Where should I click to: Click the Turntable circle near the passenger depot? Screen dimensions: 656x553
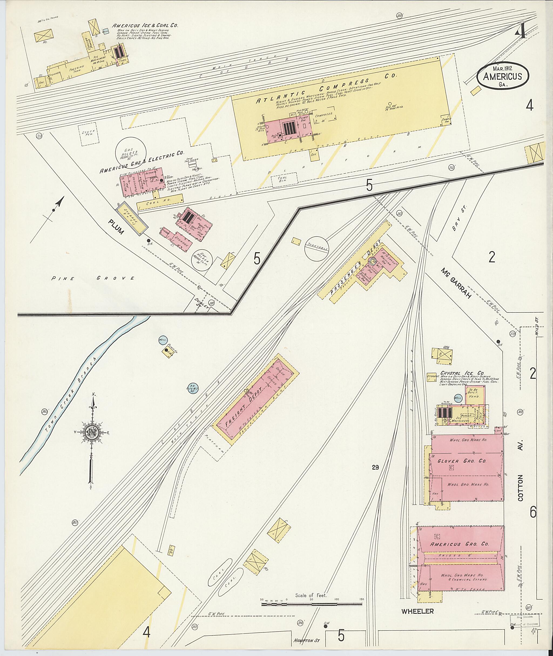pos(317,249)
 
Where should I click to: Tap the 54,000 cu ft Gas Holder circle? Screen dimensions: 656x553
pos(131,153)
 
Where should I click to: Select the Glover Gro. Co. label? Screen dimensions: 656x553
pos(467,461)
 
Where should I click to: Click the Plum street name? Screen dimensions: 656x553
pos(116,227)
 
